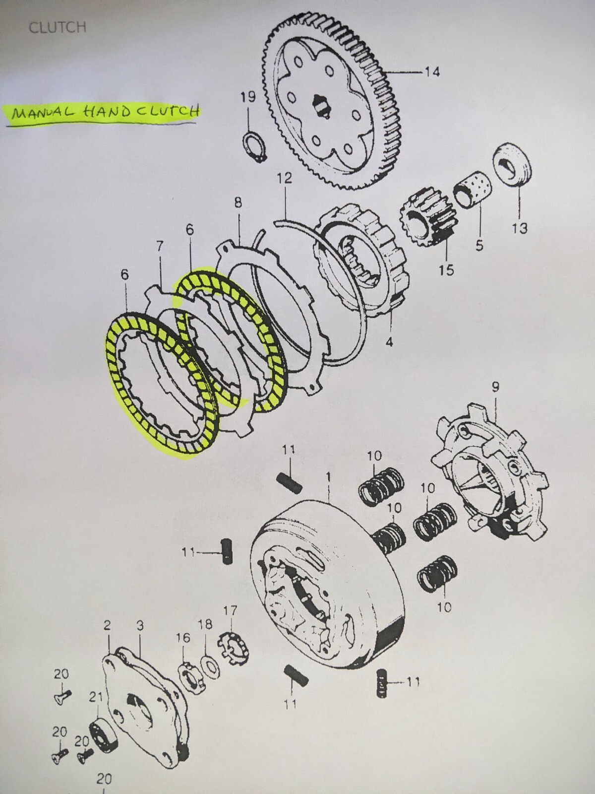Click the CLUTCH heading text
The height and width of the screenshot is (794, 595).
57,27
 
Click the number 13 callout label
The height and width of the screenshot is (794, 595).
520,228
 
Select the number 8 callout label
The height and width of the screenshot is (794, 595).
238,202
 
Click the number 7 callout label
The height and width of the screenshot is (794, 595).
160,246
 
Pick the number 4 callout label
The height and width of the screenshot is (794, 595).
389,342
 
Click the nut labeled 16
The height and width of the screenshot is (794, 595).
187,673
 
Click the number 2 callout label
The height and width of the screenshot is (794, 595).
107,626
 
